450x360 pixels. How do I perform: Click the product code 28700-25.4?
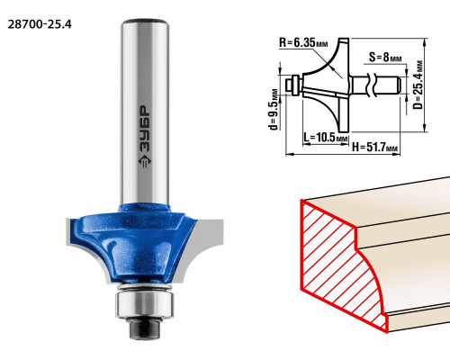coord(40,24)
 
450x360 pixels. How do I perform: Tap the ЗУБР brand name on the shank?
coord(145,130)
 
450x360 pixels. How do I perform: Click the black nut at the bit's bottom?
coord(145,328)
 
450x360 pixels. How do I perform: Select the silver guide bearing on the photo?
coord(145,303)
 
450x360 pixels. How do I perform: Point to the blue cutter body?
coord(133,243)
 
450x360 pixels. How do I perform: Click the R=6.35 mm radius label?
coord(303,43)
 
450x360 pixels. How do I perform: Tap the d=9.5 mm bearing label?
coord(274,110)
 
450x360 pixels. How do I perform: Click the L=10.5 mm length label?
coord(325,138)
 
